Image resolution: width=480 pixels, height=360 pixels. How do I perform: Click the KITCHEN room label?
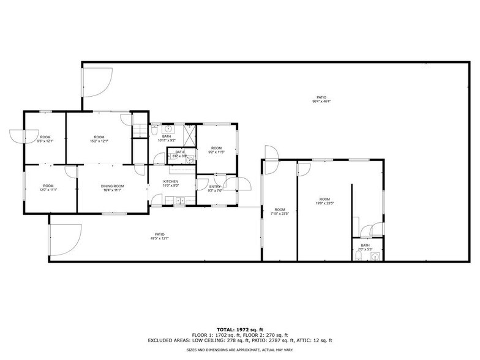coord(170,181)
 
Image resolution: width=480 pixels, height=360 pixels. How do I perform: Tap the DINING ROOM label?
coord(113,186)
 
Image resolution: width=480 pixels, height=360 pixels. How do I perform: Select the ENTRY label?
coord(215,186)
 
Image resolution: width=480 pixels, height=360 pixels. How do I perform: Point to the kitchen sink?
coord(180,201)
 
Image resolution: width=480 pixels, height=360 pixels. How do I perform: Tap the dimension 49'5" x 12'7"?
coord(160,238)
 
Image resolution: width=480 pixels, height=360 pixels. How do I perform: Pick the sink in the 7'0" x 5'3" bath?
coord(376,257)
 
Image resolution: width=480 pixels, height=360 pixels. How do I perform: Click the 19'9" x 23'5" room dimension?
coord(324,203)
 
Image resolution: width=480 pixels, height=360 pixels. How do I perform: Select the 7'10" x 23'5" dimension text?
coord(279,214)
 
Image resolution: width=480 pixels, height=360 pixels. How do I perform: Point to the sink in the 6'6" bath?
coord(190,159)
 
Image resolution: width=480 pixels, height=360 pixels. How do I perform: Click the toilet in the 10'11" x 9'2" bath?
coord(155,130)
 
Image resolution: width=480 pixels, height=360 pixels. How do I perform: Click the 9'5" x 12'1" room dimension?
coord(46,141)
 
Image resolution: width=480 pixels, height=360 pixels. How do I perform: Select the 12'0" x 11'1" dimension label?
coord(48,190)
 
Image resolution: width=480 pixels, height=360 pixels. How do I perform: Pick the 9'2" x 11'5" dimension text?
coord(217,152)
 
